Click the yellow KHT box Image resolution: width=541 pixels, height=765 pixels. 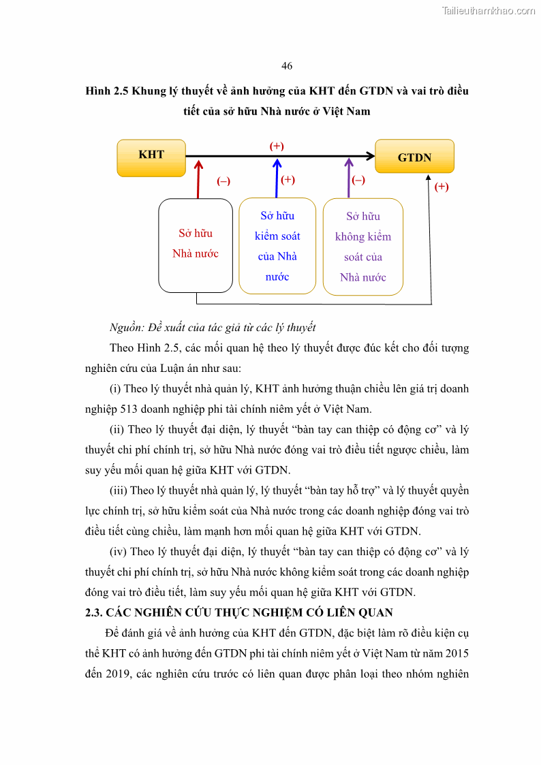click(151, 157)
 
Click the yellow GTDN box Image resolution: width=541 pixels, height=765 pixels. click(414, 156)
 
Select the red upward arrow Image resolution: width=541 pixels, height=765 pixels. click(198, 178)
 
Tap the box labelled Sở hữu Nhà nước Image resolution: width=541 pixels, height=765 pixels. click(196, 245)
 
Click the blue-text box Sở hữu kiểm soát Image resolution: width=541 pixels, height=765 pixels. click(277, 246)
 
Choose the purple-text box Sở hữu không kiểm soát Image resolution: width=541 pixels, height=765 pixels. click(363, 247)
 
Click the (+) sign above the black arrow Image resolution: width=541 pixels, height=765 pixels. click(277, 146)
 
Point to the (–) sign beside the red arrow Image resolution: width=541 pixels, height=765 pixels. click(223, 181)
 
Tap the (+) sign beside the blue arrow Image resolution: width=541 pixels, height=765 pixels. click(288, 180)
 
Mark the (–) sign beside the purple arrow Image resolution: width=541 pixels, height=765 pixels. click(358, 180)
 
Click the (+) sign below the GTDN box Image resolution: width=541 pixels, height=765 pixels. click(442, 187)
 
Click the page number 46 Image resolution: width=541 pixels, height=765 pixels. click(287, 66)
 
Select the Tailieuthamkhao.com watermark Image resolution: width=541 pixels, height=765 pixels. click(489, 10)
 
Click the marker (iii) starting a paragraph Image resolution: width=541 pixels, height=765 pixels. click(119, 490)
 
